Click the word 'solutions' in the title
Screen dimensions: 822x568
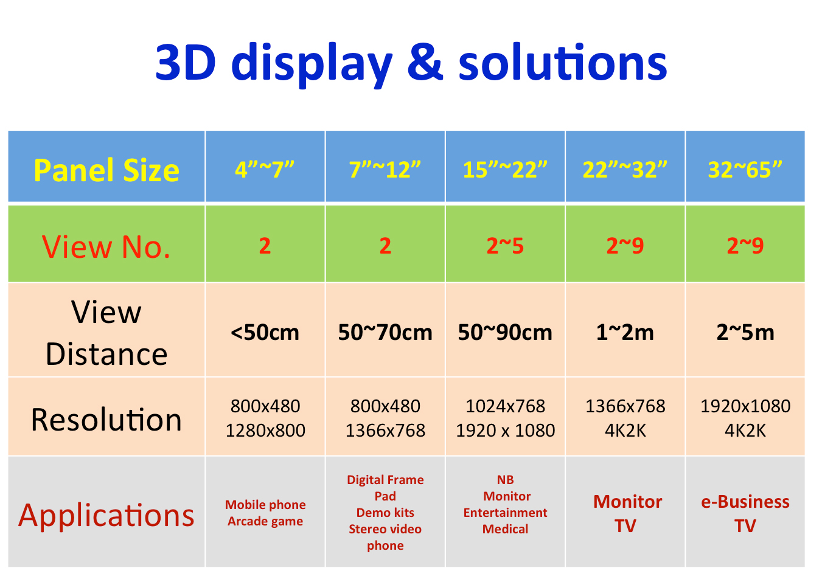tap(563, 61)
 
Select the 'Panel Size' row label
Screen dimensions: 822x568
tap(106, 170)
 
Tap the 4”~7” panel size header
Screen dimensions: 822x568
tap(265, 170)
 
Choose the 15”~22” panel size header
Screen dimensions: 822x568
tap(505, 170)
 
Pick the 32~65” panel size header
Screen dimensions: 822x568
tap(745, 170)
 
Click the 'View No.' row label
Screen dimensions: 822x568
tap(106, 246)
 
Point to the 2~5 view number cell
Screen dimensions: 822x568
tap(505, 245)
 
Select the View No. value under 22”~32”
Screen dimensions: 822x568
tap(625, 245)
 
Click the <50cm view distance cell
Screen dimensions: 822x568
tap(265, 332)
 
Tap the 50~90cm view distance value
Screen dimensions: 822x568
tap(505, 332)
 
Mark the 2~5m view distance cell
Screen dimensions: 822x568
tap(745, 332)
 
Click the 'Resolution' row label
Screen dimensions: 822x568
tap(106, 419)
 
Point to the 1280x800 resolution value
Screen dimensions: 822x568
tap(265, 431)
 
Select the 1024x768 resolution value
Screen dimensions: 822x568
tap(506, 406)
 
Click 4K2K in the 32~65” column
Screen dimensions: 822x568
tap(745, 431)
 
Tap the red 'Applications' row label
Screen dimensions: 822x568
tap(106, 516)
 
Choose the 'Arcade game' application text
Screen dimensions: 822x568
tap(265, 521)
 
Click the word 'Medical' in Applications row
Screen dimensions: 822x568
tap(506, 528)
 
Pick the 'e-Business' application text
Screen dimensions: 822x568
tap(745, 502)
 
